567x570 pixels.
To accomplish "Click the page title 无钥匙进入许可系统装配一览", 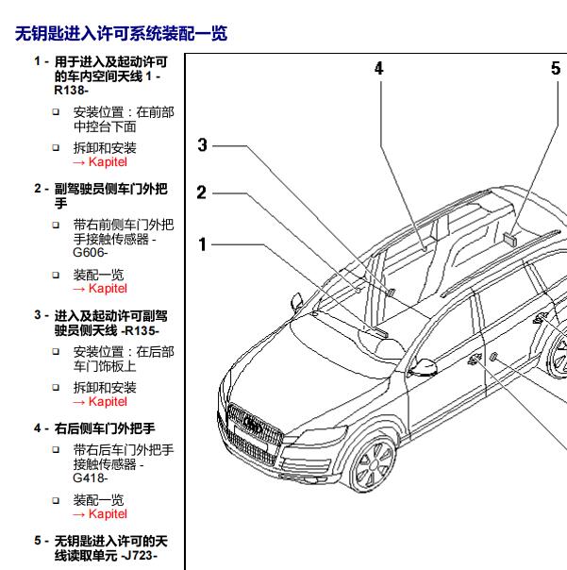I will pyautogui.click(x=122, y=35).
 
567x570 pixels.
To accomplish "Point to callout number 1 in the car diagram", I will pyautogui.click(x=202, y=244).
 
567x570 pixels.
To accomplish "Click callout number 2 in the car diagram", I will pyautogui.click(x=202, y=193).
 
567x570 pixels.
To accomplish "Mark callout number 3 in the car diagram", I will pyautogui.click(x=202, y=144).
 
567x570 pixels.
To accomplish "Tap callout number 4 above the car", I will pyautogui.click(x=379, y=68).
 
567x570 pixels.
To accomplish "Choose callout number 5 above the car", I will pyautogui.click(x=556, y=68).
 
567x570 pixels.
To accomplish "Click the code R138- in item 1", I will pyautogui.click(x=73, y=91).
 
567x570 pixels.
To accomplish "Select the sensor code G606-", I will pyautogui.click(x=91, y=252).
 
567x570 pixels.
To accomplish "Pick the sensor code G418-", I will pyautogui.click(x=91, y=478).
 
